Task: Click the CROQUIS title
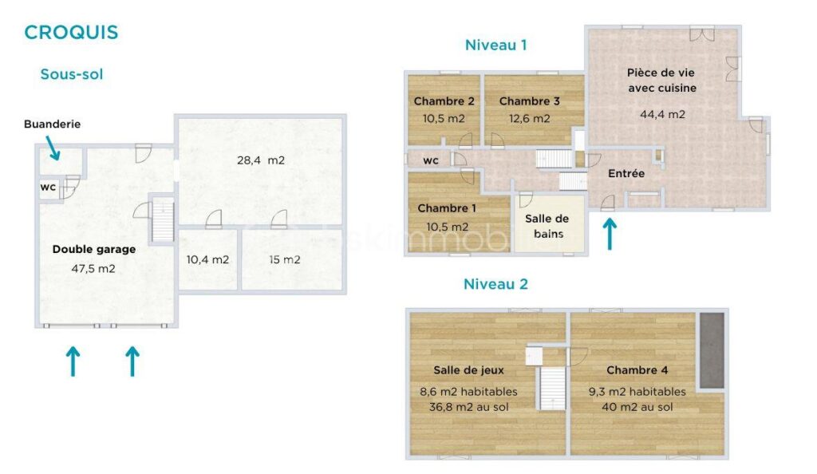pyautogui.click(x=71, y=33)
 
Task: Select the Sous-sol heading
pyautogui.click(x=72, y=74)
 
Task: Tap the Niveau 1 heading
pyautogui.click(x=495, y=45)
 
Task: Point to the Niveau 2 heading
pyautogui.click(x=495, y=284)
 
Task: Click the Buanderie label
pyautogui.click(x=52, y=124)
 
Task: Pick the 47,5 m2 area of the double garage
pyautogui.click(x=93, y=268)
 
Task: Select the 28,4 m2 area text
pyautogui.click(x=260, y=160)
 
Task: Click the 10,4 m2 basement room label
pyautogui.click(x=207, y=259)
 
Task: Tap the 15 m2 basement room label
pyautogui.click(x=285, y=259)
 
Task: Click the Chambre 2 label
pyautogui.click(x=444, y=101)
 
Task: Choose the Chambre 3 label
pyautogui.click(x=529, y=101)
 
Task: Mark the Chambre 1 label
pyautogui.click(x=447, y=208)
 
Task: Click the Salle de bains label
pyautogui.click(x=546, y=226)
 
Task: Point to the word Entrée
pyautogui.click(x=626, y=173)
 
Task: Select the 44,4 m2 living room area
pyautogui.click(x=662, y=114)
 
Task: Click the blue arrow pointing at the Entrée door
pyautogui.click(x=610, y=233)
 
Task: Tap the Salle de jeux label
pyautogui.click(x=468, y=370)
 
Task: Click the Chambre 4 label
pyautogui.click(x=637, y=370)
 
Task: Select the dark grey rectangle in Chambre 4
pyautogui.click(x=711, y=350)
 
